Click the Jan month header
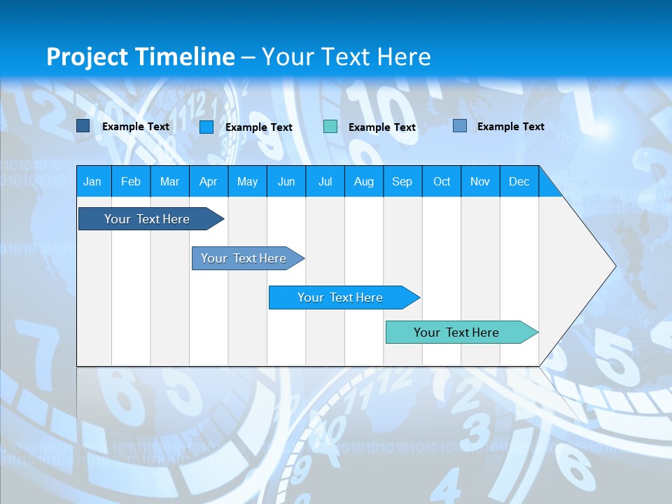click(x=92, y=181)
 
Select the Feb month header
click(x=131, y=181)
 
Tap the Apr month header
click(x=208, y=181)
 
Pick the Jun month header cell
click(x=286, y=181)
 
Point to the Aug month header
click(x=363, y=181)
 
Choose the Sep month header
click(x=402, y=181)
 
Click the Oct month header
click(x=442, y=181)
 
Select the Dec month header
click(x=519, y=181)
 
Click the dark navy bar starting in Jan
click(x=147, y=219)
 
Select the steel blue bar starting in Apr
click(x=244, y=258)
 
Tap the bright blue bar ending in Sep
click(x=340, y=297)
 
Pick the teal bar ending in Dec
click(x=456, y=332)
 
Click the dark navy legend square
click(x=83, y=126)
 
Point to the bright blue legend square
click(x=206, y=127)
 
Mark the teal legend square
click(x=330, y=127)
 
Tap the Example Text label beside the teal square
click(x=382, y=127)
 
